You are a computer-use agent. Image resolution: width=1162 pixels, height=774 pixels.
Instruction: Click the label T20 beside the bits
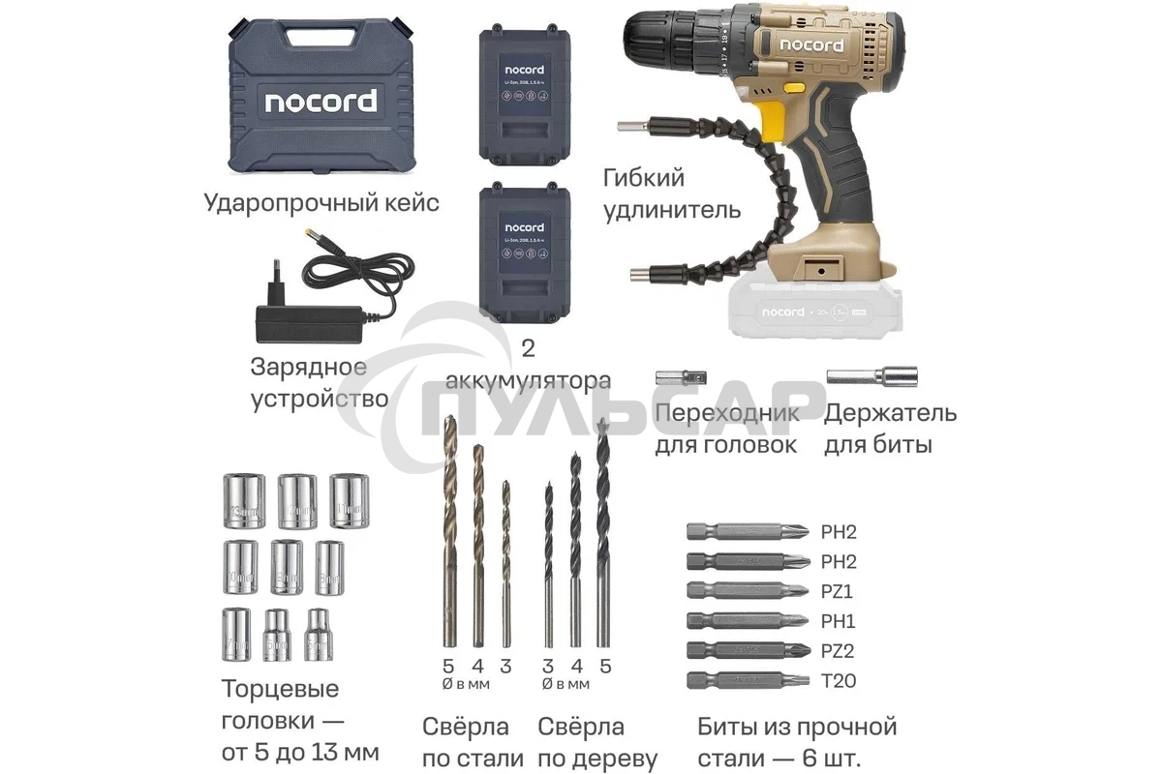[839, 681]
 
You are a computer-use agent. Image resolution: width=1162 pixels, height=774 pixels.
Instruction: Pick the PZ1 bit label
[839, 591]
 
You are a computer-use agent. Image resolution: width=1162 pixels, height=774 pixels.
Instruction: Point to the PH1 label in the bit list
[839, 621]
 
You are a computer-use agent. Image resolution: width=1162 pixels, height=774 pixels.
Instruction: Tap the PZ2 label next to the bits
[839, 651]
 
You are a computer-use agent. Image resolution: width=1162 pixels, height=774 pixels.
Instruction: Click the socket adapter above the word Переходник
[673, 378]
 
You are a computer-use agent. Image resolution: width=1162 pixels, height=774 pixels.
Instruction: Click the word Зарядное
[308, 368]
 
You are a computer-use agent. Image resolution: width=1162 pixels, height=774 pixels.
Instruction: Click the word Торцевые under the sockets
[280, 690]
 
